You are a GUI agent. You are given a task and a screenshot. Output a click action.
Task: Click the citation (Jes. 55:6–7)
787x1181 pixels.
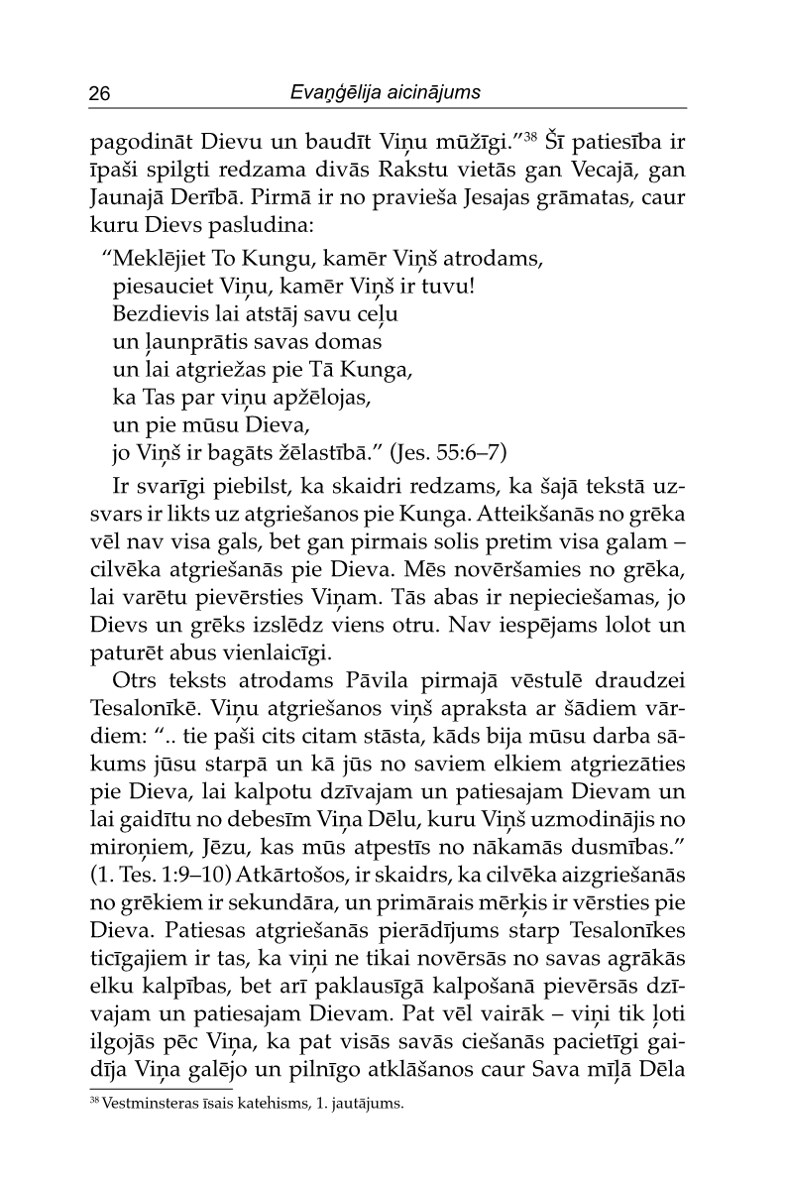tap(449, 453)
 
